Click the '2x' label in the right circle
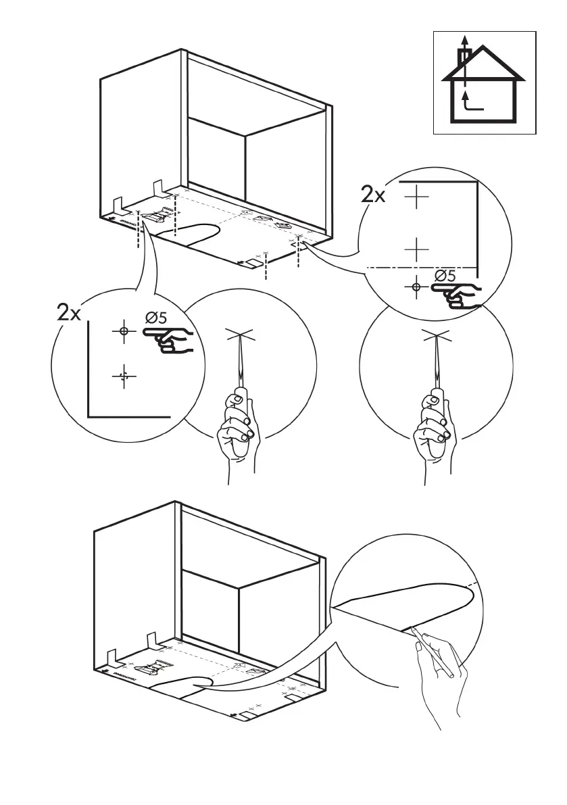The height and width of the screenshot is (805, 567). [372, 195]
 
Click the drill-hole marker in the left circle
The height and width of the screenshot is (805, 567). [123, 331]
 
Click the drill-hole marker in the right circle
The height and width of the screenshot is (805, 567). [416, 287]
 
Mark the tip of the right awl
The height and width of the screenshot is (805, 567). [436, 335]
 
